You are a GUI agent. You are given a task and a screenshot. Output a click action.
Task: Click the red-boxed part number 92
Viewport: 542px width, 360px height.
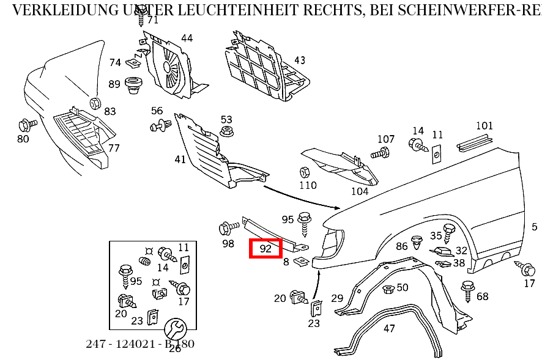coord(265,248)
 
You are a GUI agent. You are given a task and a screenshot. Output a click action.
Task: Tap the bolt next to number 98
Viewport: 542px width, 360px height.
coord(229,229)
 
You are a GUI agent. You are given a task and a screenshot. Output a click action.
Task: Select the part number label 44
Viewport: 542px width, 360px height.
coord(187,38)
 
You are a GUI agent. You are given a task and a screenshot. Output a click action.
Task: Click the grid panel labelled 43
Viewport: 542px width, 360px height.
coord(263,64)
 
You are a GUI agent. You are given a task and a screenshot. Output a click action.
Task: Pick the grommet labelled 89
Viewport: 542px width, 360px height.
coord(132,85)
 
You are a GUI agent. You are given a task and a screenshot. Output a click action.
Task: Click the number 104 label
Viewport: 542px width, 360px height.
coord(360,191)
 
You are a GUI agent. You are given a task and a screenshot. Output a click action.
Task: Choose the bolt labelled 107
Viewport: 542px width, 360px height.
coord(382,152)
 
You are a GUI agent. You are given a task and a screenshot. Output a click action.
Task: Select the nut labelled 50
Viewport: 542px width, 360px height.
coord(387,288)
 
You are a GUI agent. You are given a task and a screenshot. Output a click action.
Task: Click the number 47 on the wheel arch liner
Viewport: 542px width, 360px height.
coord(389,328)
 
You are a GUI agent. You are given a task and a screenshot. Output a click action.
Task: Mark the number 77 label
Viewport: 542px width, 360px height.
coord(114,148)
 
